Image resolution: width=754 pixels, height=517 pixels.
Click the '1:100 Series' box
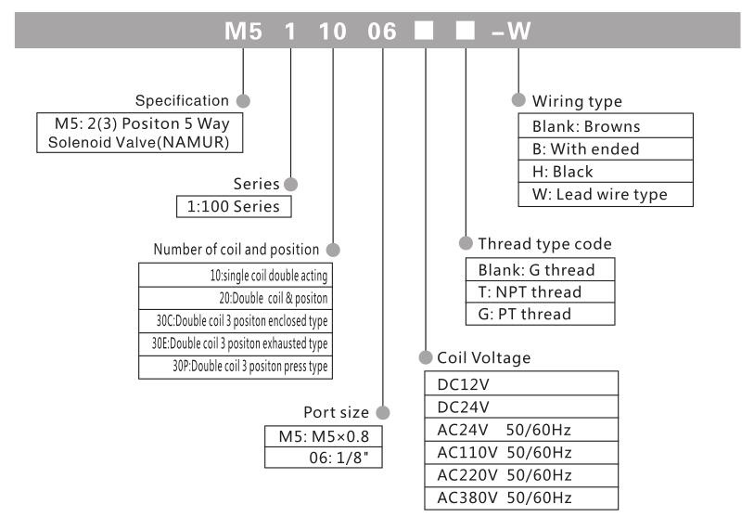pyautogui.click(x=233, y=206)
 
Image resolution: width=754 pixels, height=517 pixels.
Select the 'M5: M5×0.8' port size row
pyautogui.click(x=322, y=437)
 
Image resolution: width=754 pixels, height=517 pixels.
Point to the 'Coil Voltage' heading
pyautogui.click(x=478, y=356)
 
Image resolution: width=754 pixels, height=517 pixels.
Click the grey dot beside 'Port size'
pyautogui.click(x=380, y=411)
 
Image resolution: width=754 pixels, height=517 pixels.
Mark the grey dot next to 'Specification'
pyautogui.click(x=245, y=99)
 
